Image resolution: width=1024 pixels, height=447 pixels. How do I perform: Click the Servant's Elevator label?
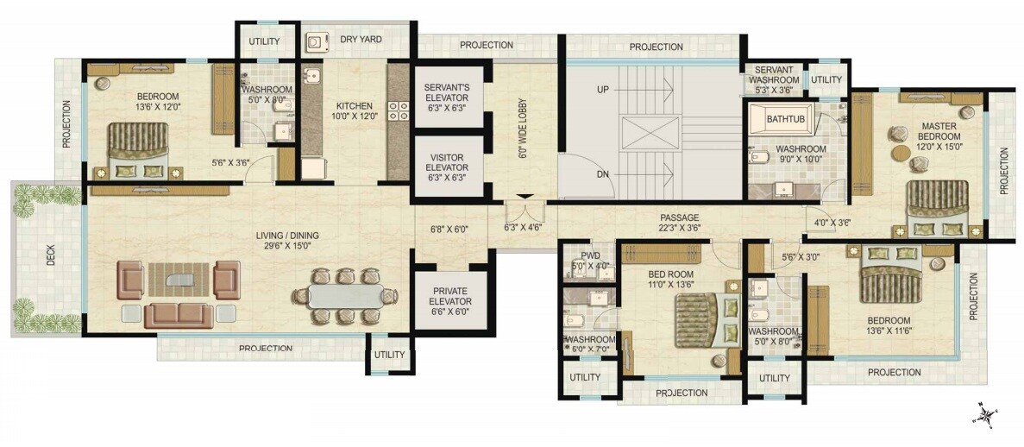point(446,93)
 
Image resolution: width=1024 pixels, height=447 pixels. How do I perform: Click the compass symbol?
point(984,415)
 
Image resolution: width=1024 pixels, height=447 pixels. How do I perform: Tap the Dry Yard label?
point(356,40)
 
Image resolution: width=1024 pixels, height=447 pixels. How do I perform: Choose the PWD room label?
point(590,255)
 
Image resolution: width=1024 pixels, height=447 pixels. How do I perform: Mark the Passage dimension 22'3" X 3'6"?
point(680,229)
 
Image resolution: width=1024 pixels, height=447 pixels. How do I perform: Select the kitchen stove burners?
point(398,110)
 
